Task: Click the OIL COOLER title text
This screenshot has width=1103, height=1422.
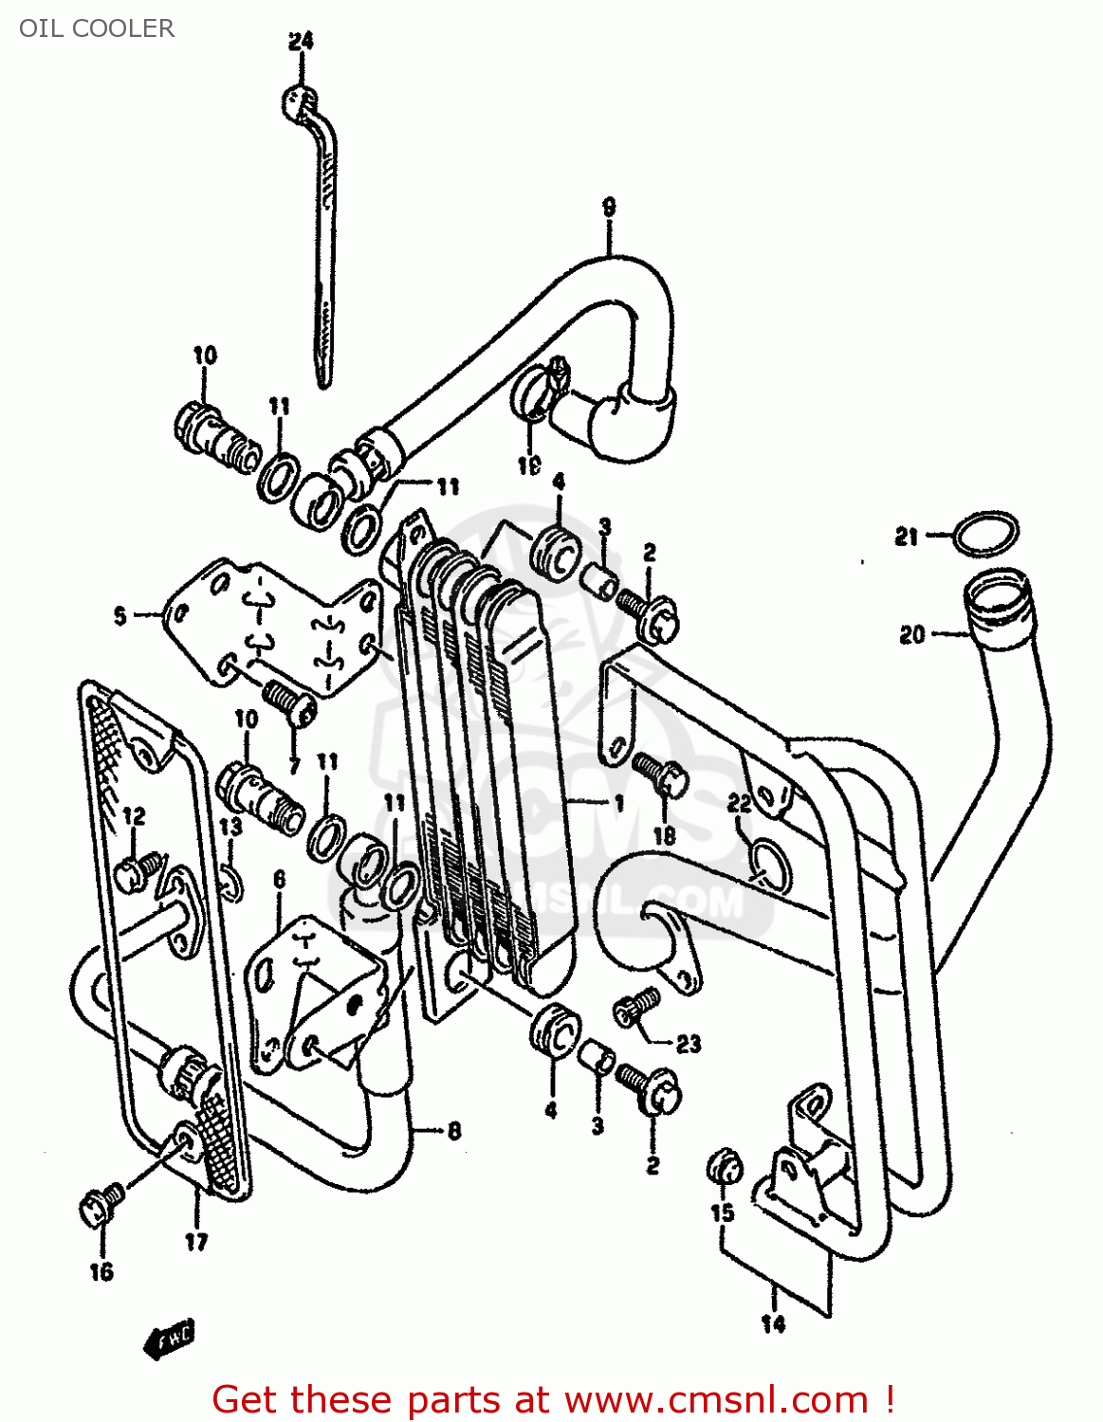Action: click(x=97, y=28)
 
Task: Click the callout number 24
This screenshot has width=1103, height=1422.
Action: click(x=301, y=41)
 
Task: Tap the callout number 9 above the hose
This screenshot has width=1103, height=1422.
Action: click(x=609, y=206)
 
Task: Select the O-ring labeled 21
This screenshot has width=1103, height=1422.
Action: click(x=986, y=534)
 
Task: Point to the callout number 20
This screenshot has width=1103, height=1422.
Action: click(x=911, y=634)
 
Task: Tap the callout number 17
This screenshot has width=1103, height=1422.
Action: click(x=195, y=1242)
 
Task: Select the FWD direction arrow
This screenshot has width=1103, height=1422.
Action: click(x=169, y=1339)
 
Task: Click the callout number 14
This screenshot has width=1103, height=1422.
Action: click(x=774, y=1323)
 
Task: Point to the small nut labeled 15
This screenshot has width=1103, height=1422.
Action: click(x=724, y=1167)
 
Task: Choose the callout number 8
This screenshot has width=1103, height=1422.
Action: click(x=454, y=1130)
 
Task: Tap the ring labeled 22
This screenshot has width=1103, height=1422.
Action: click(x=768, y=862)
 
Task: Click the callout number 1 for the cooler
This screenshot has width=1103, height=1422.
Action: click(x=618, y=803)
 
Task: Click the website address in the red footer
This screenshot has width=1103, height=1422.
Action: click(x=716, y=1399)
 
